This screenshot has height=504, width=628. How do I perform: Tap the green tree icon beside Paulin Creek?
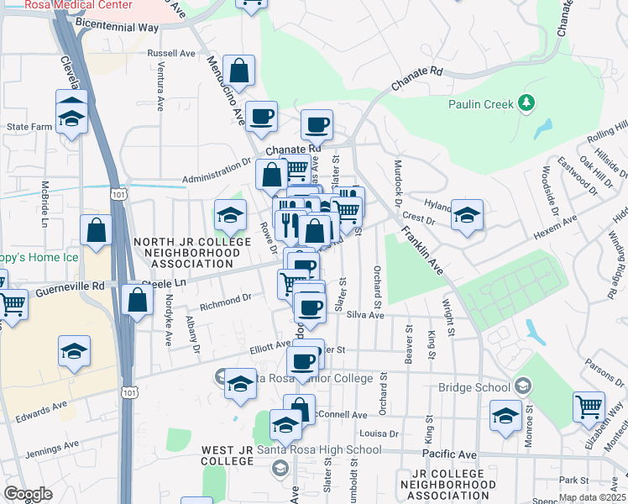click(526, 102)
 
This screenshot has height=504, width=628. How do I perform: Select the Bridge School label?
click(474, 387)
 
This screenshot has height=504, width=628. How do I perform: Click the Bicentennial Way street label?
click(117, 28)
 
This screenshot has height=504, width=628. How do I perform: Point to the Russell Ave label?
click(170, 53)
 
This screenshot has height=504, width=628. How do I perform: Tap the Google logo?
click(28, 494)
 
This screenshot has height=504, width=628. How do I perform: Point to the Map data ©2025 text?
click(592, 497)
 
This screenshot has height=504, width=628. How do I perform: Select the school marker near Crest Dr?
click(467, 215)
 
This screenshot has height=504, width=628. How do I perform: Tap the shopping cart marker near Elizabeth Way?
click(589, 407)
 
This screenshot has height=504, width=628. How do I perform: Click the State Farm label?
click(29, 127)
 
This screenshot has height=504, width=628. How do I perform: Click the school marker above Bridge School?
click(505, 416)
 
